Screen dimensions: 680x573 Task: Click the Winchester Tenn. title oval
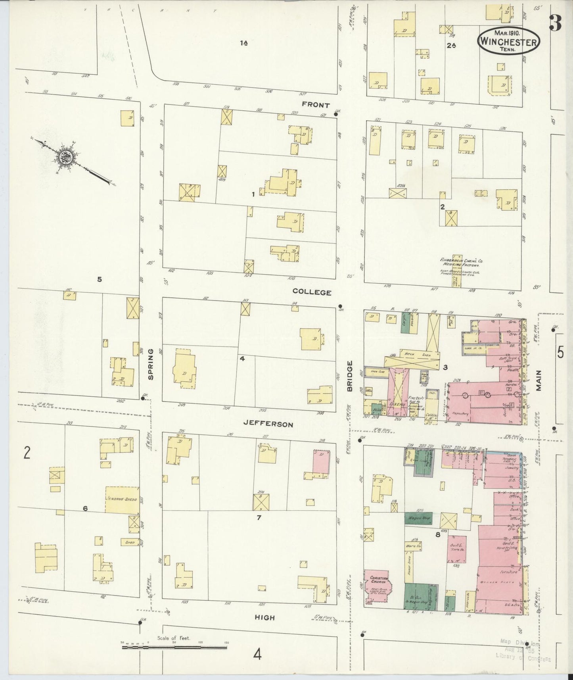[x=509, y=41]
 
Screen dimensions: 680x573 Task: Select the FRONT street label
[x=316, y=105]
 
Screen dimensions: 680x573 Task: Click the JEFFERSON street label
[x=268, y=424]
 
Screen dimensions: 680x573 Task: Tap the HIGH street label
[x=264, y=618]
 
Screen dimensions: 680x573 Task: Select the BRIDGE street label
[x=350, y=376]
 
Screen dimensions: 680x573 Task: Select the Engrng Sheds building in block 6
[x=122, y=499]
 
